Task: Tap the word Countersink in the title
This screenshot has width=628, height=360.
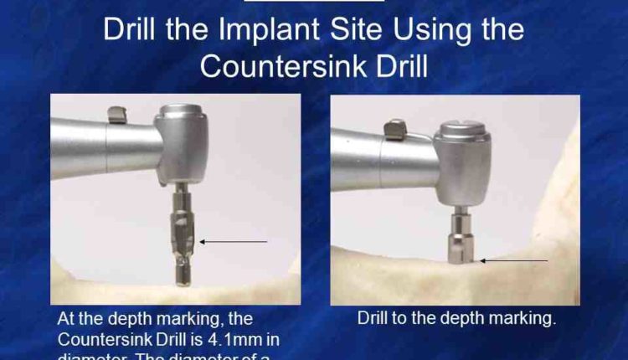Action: pos(276,67)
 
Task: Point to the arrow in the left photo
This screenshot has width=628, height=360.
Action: pos(234,241)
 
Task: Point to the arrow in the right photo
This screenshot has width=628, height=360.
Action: pos(513,260)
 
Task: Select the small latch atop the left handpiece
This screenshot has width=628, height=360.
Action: pos(118,111)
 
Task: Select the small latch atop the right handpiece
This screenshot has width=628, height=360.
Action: pos(393,128)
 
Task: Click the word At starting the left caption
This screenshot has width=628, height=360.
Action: pos(67,319)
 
